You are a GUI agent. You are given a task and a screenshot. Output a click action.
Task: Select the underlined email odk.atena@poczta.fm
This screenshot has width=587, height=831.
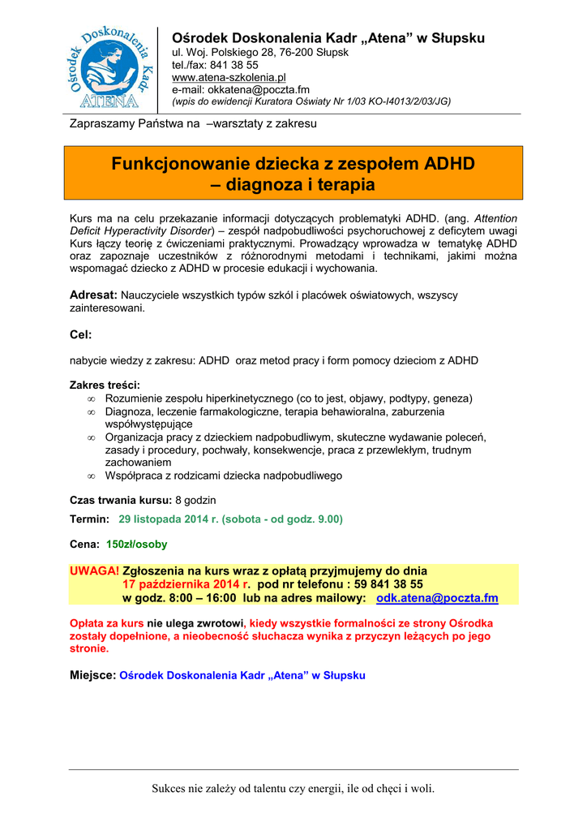click(437, 598)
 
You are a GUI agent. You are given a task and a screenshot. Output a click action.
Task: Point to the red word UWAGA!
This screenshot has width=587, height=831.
click(94, 571)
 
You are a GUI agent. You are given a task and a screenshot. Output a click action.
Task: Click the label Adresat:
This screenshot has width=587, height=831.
click(94, 295)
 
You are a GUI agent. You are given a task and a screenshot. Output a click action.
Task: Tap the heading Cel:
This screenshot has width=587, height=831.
click(81, 334)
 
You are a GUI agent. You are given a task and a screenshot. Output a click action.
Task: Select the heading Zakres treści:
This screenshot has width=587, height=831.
click(105, 385)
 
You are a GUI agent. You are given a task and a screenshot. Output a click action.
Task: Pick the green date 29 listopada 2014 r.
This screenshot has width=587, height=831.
click(169, 519)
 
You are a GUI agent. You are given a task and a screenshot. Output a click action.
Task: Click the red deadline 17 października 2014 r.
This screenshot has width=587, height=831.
click(186, 584)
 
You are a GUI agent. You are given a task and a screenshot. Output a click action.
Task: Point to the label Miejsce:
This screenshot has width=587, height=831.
click(92, 675)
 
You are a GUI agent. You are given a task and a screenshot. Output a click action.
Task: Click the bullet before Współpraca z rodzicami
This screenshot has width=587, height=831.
click(92, 476)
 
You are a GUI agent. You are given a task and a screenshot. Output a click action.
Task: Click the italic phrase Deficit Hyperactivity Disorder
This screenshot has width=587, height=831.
click(143, 230)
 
